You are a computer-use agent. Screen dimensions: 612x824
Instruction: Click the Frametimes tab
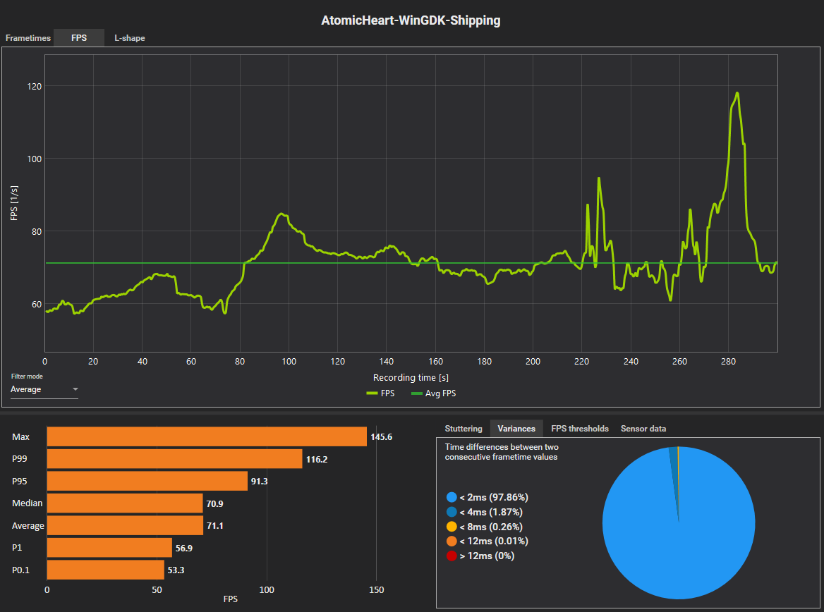pos(28,38)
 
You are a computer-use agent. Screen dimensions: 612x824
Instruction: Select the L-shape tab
pos(130,38)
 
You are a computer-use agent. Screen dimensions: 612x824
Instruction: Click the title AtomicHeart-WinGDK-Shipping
pos(411,20)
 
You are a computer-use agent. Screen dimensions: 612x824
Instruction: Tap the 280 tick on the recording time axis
pos(728,362)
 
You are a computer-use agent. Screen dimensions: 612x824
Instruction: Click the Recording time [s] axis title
pos(411,378)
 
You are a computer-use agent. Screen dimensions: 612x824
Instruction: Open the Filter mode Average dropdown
pos(44,389)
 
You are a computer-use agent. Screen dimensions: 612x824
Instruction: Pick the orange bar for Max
pos(207,437)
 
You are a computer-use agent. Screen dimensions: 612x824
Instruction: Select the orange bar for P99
pos(174,459)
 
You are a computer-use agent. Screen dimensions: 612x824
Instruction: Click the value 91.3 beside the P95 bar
pos(259,482)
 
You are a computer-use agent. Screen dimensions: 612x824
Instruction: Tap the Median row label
pos(27,503)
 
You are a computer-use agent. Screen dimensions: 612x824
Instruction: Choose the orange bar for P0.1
pos(105,570)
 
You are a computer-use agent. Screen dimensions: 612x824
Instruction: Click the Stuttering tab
pos(464,429)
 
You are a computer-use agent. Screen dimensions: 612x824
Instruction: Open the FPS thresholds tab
pos(579,429)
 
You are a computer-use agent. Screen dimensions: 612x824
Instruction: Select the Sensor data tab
pos(643,429)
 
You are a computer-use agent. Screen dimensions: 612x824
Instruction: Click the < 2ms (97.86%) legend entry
pos(487,498)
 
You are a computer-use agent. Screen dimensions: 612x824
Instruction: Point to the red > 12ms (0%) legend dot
pos(452,556)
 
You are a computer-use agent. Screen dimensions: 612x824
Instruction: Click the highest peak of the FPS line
pos(737,93)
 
